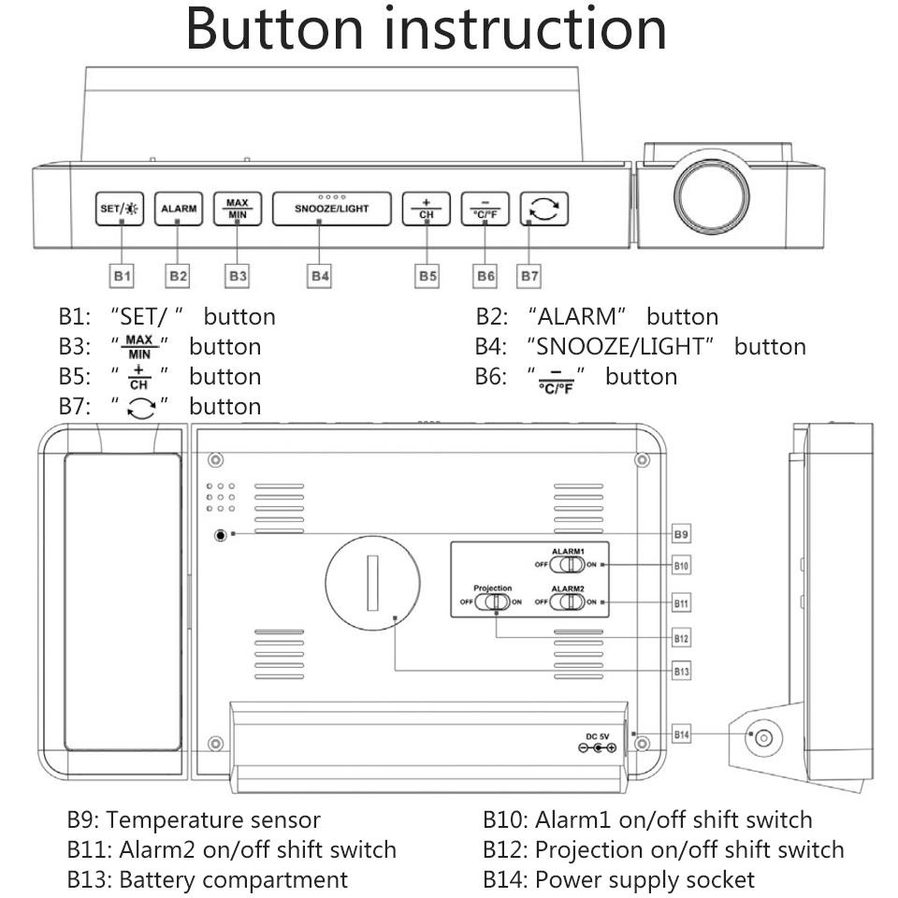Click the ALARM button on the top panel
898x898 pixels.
[178, 209]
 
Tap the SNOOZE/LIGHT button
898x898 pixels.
[332, 209]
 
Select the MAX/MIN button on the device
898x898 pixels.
[237, 209]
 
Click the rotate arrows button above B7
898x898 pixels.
[544, 209]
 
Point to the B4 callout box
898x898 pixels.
[320, 276]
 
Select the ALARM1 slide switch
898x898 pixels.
[566, 565]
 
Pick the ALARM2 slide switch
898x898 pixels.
[566, 601]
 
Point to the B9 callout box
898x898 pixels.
[682, 534]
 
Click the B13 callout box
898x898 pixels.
[682, 671]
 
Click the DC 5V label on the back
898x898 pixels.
[598, 735]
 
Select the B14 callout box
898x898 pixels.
[682, 735]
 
